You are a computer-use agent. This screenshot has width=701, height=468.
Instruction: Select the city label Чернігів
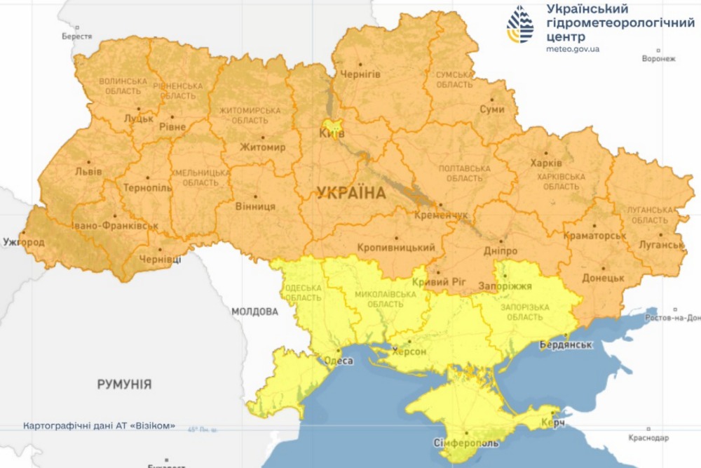360,74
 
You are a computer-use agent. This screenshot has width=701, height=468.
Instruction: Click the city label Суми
492,110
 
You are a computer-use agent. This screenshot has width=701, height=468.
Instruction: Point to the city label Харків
546,163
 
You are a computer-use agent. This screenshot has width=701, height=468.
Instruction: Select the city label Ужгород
24,243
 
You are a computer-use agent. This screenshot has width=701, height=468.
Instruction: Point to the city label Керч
553,424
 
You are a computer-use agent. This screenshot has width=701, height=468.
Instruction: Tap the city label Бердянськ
567,345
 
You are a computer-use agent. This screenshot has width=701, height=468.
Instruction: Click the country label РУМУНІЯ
124,384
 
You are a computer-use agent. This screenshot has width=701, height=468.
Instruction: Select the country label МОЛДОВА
254,310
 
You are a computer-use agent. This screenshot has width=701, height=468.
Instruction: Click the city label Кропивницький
396,248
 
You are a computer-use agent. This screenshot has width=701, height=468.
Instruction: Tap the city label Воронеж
658,59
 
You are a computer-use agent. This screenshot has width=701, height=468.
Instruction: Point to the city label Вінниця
254,207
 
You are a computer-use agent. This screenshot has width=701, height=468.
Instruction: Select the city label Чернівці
161,260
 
